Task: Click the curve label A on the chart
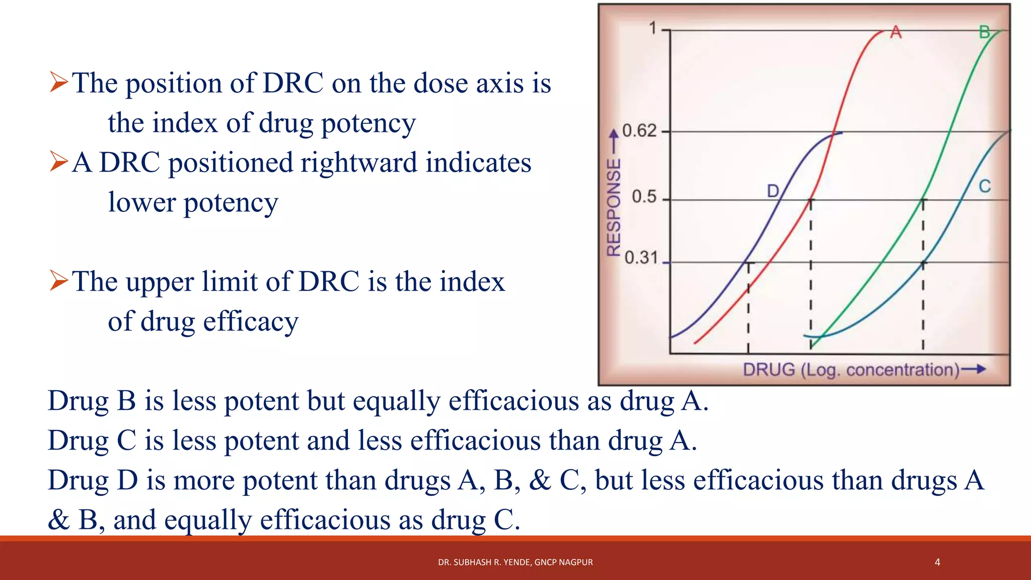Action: (x=896, y=32)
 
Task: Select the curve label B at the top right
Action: (x=985, y=32)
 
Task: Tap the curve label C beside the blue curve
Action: (x=985, y=186)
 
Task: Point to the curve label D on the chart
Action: (x=773, y=191)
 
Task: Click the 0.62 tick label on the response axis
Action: (x=639, y=131)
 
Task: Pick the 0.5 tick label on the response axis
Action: (x=644, y=196)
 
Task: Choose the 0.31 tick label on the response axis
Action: (x=641, y=258)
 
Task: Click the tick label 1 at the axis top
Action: (x=652, y=28)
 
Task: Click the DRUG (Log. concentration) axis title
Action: (x=851, y=370)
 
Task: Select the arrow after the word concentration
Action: (x=974, y=370)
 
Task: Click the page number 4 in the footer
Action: (x=937, y=562)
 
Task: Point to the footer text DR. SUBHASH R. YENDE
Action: (x=515, y=562)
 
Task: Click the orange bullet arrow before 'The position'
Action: (x=58, y=82)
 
